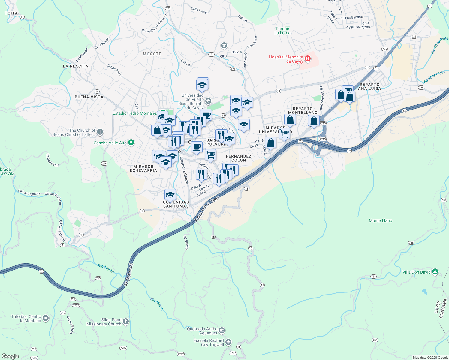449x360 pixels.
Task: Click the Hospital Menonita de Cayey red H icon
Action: [307, 59]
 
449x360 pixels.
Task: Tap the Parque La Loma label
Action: [282, 31]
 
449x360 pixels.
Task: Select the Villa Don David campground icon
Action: [435, 272]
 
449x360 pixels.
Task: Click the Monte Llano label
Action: [380, 220]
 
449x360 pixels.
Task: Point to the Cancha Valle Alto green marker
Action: [131, 142]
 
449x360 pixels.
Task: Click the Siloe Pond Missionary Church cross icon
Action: [125, 322]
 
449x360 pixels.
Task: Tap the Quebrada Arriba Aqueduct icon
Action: [221, 331]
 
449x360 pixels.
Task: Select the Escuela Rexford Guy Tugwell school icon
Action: [228, 342]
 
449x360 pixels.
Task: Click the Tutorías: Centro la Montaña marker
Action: [46, 318]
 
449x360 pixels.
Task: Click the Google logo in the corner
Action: [10, 356]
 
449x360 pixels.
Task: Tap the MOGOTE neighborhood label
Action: [152, 54]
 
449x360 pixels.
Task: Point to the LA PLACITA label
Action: [76, 66]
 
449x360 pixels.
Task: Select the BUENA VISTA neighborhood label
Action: [89, 97]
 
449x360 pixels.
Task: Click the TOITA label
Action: [11, 13]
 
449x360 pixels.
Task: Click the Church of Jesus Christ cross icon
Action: [100, 132]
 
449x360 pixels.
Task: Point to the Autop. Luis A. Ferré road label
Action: [207, 209]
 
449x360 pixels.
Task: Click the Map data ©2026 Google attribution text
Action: [430, 358]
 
